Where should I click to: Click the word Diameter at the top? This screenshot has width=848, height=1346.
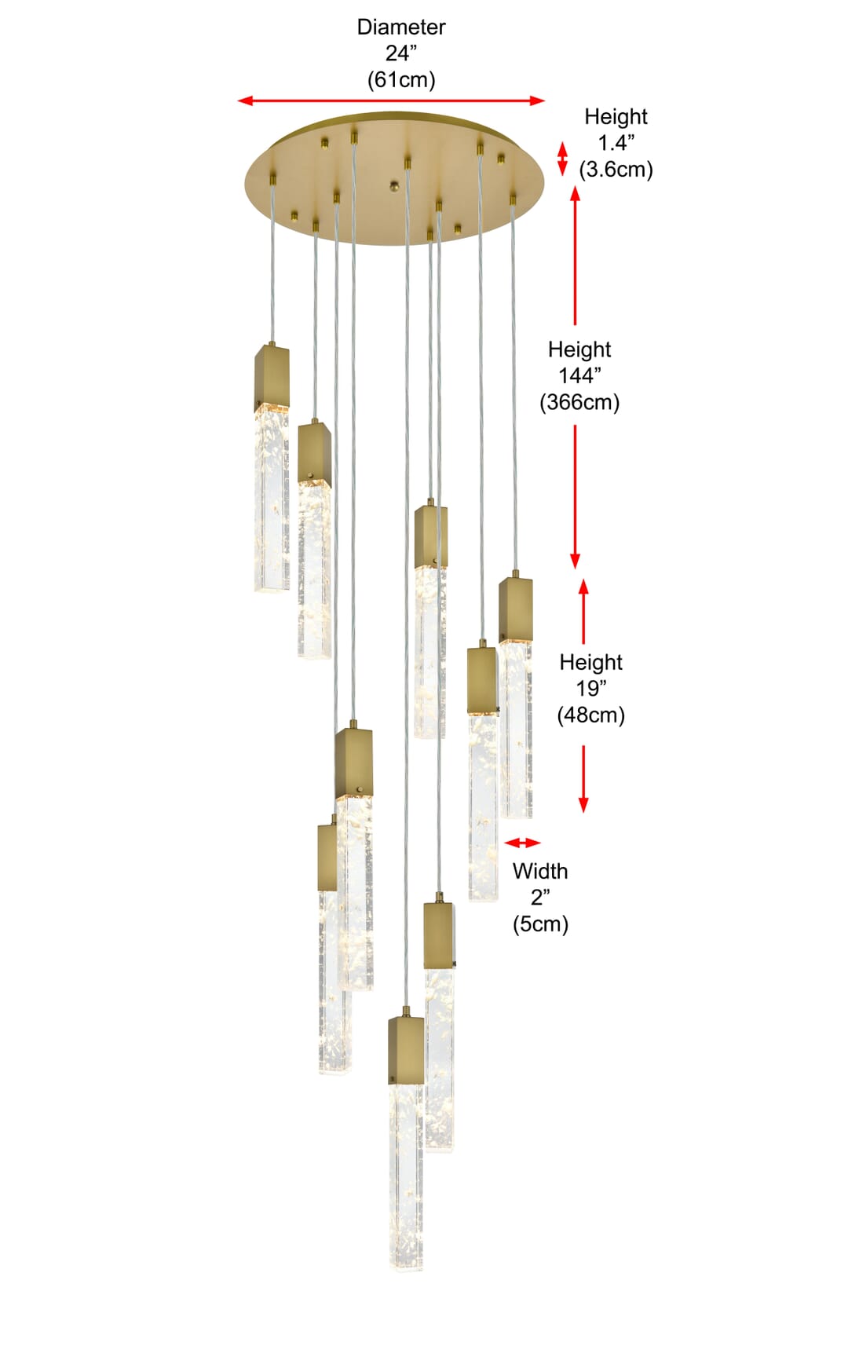401,27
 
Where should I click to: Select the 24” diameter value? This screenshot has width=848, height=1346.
401,53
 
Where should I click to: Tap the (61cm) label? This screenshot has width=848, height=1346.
401,80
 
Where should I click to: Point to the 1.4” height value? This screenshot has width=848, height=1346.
616,143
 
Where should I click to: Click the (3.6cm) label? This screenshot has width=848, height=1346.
616,170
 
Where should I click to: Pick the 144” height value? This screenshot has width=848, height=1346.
579,375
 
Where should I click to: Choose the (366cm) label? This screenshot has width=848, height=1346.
579,402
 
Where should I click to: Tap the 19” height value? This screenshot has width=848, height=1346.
591,689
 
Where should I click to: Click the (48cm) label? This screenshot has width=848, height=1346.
591,715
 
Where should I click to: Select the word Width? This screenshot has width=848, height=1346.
540,871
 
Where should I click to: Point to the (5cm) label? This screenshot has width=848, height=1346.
540,924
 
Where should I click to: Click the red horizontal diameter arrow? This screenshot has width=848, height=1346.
391,101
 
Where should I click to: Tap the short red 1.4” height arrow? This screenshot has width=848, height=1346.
562,159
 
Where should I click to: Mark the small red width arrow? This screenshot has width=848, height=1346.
522,843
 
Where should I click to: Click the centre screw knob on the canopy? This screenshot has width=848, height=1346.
395,186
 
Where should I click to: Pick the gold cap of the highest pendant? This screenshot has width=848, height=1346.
272,377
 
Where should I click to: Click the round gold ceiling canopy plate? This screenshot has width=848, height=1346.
394,178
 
